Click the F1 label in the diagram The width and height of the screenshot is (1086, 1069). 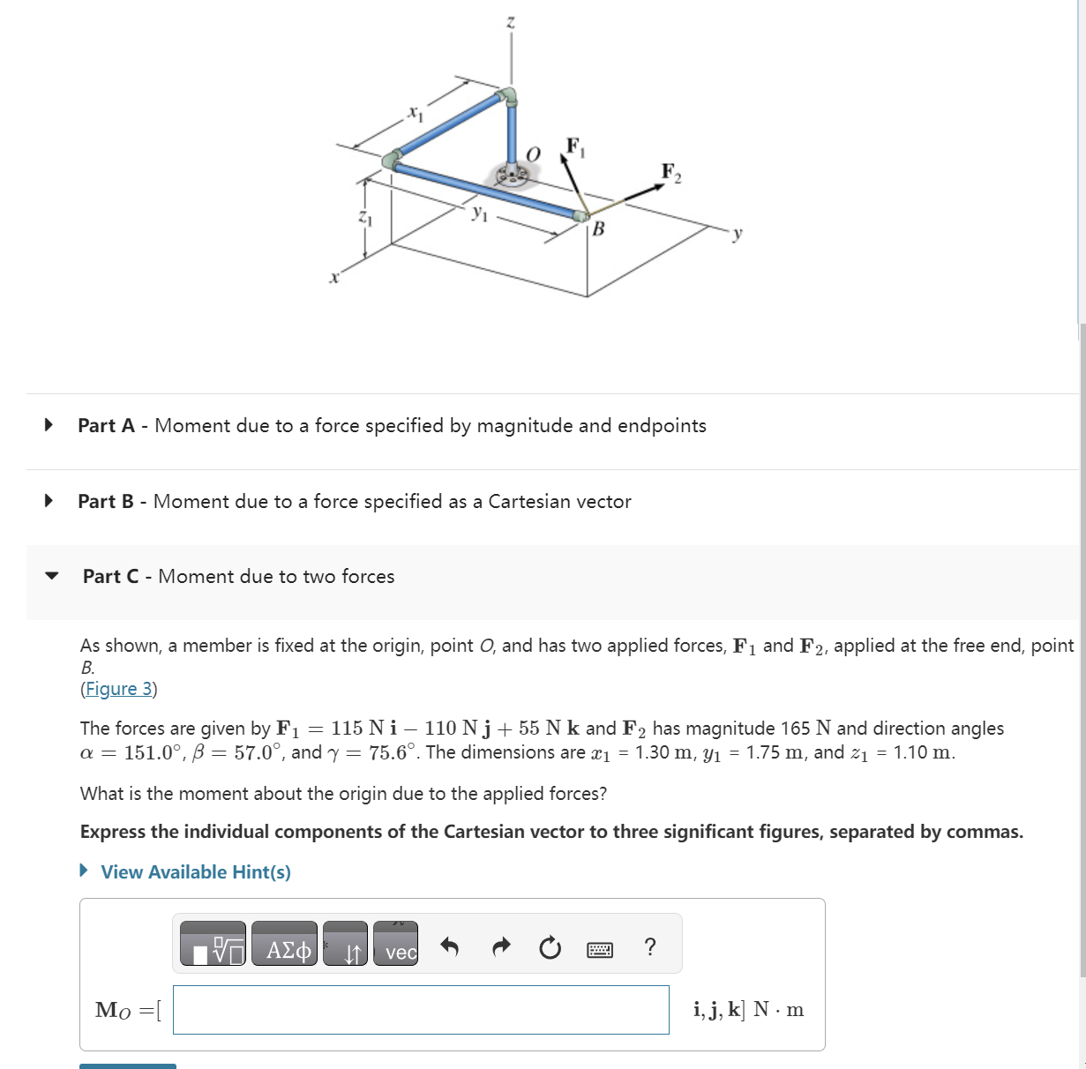coord(574,146)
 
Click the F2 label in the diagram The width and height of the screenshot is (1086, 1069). coord(671,171)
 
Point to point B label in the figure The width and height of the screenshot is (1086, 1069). coord(599,229)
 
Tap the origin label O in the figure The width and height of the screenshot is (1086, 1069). coord(532,153)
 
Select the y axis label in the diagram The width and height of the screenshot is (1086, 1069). coord(738,234)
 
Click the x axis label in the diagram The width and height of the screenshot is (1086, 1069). coord(333,278)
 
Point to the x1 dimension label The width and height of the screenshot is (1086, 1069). coord(415,113)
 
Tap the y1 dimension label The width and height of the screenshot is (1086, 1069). coord(479,212)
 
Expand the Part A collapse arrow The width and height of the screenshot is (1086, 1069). coord(49,425)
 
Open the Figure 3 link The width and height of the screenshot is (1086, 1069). coord(118,689)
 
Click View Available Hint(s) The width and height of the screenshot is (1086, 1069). coord(195,871)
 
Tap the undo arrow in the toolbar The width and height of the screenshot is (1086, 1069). coord(450,948)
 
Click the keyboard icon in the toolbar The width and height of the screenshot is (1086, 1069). coord(600,949)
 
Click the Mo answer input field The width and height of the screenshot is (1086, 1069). coord(421,1010)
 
